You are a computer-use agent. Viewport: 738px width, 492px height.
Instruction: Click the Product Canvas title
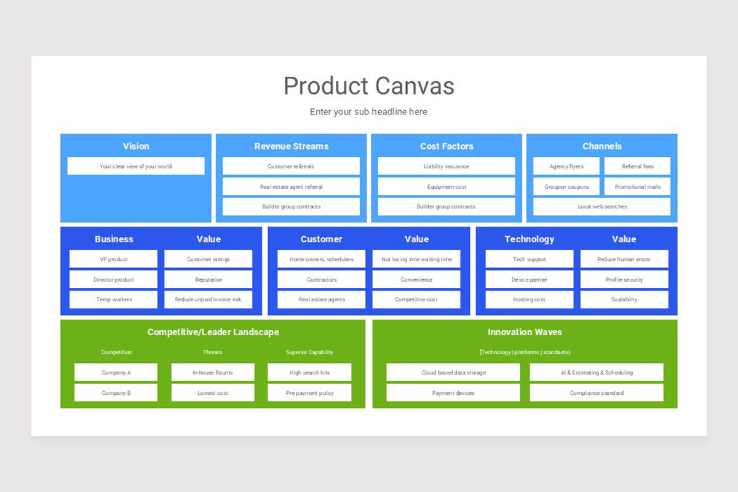tap(369, 86)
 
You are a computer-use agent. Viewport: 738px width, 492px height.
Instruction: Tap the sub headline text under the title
tap(368, 112)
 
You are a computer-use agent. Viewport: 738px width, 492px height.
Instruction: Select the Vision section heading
tap(136, 146)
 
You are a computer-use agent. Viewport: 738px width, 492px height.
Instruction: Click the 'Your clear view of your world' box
tap(136, 166)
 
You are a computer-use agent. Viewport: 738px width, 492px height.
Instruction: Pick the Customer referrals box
tap(291, 166)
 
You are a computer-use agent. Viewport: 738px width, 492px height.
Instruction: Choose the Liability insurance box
tap(446, 166)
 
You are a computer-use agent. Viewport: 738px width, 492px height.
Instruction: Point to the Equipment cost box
tap(446, 186)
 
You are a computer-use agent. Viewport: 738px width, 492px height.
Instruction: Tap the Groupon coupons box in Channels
tap(566, 186)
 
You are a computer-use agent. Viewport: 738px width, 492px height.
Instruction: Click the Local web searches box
tap(602, 207)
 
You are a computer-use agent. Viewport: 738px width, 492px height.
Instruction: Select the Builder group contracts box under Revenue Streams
tap(291, 207)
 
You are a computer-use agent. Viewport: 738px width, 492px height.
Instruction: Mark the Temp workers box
tap(113, 300)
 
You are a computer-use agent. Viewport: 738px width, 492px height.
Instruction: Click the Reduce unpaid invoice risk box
tap(208, 300)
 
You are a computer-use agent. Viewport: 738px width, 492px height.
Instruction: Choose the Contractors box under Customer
tap(321, 279)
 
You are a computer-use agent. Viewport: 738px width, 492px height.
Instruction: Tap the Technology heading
tap(529, 239)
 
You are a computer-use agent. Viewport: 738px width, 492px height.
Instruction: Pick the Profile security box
tap(624, 279)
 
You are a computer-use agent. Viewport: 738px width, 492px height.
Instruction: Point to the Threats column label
tap(213, 352)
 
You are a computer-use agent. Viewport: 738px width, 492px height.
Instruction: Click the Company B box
tap(116, 392)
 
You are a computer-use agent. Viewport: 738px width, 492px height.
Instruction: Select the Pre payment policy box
tap(309, 392)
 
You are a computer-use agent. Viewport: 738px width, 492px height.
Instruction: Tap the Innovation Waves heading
tap(525, 332)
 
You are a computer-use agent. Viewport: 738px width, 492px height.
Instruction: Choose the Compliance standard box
tap(597, 392)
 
